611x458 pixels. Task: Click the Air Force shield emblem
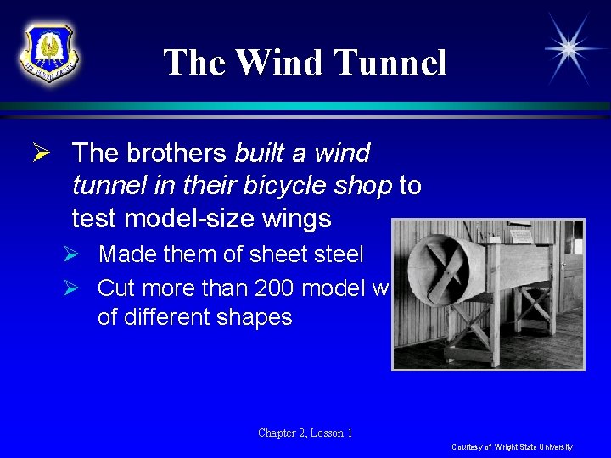pos(49,53)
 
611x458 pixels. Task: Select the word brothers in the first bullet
pos(178,154)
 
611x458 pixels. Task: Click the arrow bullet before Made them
pos(80,254)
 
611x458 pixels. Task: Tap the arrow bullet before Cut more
pos(80,288)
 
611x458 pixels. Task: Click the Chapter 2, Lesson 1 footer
pos(305,433)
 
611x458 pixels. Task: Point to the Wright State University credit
pos(512,447)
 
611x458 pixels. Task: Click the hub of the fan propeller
pos(449,270)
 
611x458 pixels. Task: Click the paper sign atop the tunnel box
pos(520,228)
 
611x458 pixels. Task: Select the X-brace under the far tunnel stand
pos(535,310)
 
